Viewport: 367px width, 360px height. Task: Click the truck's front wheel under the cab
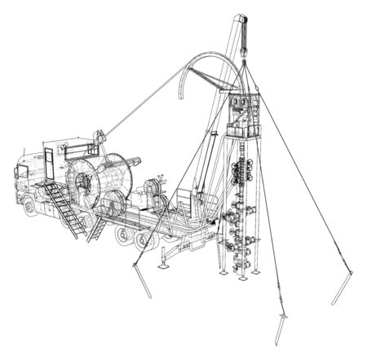tap(30, 205)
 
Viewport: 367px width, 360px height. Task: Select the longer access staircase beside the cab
tap(64, 210)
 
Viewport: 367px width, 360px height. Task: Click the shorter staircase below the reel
tap(97, 228)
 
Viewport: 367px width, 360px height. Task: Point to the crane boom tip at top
tap(239, 20)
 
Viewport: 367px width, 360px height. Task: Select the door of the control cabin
tap(48, 162)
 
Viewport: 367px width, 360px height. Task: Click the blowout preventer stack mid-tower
tap(243, 173)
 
